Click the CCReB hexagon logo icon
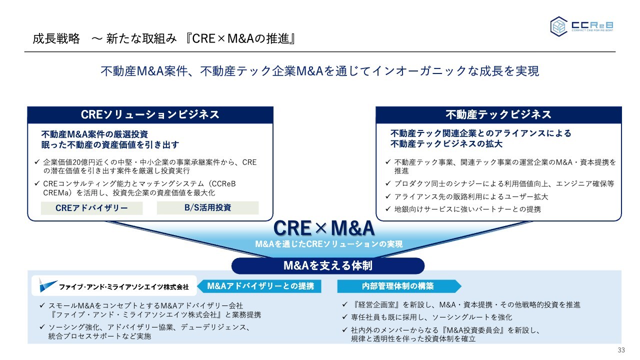point(559,26)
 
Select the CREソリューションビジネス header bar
point(150,115)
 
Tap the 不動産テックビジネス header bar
point(498,115)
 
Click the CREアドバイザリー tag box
point(91,208)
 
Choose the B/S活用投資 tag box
point(207,207)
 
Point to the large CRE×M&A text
point(324,228)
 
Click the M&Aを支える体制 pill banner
point(328,265)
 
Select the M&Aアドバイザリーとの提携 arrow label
point(259,286)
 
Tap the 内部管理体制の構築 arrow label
point(399,286)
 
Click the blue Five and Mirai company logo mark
point(47,285)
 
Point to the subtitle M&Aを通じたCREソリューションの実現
point(329,244)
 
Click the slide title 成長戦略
point(56,38)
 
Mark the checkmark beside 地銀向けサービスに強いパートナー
point(387,209)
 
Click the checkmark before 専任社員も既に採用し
point(344,317)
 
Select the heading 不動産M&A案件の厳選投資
point(94,134)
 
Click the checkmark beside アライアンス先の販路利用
point(387,196)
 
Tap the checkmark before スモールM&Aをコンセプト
point(42,305)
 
